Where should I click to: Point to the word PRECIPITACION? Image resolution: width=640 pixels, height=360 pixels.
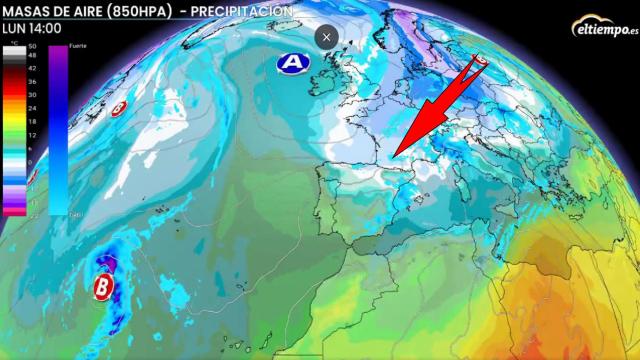[246, 10]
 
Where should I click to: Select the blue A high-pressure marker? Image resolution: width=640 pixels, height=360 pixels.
[292, 63]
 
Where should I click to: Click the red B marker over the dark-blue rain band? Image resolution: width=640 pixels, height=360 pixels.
[103, 288]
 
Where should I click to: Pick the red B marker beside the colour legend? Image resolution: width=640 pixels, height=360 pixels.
[118, 106]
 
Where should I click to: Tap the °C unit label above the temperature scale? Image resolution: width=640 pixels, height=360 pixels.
[33, 41]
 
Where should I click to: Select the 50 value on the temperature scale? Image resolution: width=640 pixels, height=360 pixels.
[33, 47]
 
